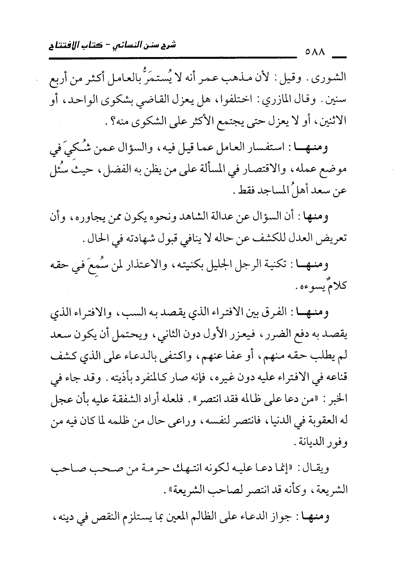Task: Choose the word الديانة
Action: (307, 444)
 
